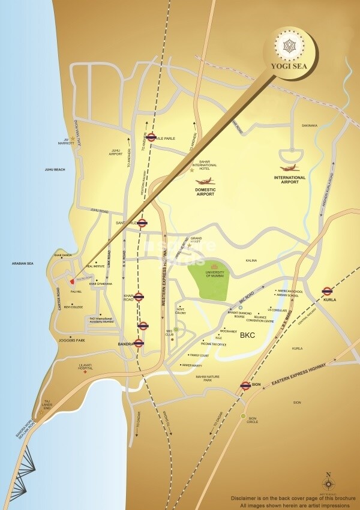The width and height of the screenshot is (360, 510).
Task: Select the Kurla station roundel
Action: coord(327,291)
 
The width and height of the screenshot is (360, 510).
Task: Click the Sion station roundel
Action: coord(245,385)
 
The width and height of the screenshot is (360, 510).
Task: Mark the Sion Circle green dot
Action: coord(243,416)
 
